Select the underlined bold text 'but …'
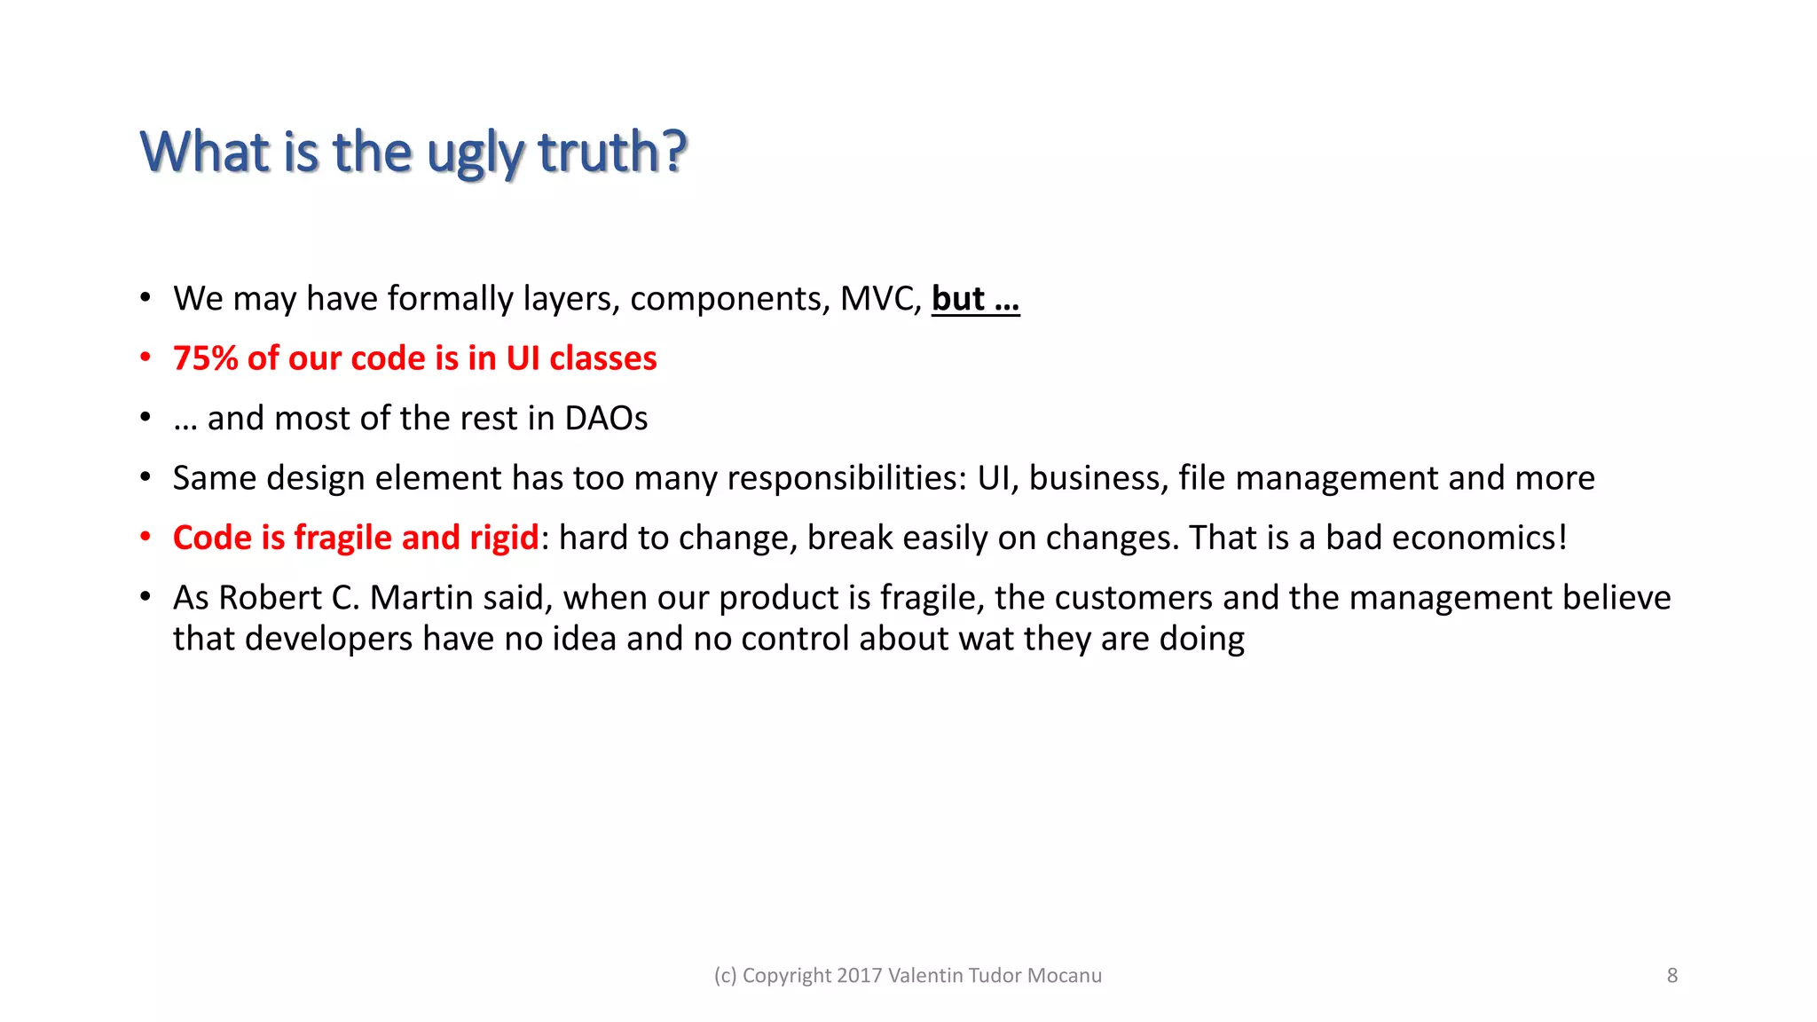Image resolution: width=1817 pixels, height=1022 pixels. (x=975, y=299)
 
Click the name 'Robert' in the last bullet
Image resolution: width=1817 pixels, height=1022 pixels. (x=270, y=598)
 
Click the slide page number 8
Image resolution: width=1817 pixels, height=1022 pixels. (x=1671, y=976)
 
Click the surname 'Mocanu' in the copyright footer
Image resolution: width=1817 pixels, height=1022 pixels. (x=1064, y=976)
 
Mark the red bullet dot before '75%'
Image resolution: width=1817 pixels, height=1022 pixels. (x=146, y=358)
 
